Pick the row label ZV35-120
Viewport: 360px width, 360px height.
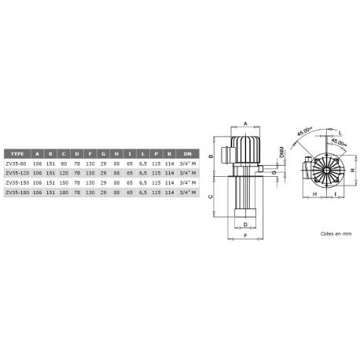pyautogui.click(x=17, y=173)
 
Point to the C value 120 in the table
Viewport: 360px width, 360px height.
pyautogui.click(x=64, y=173)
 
